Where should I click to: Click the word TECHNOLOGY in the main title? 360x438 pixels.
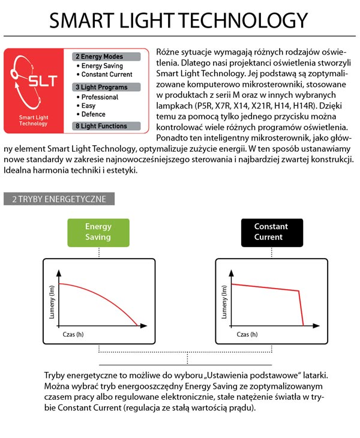(x=243, y=21)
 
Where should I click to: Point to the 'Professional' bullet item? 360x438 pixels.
(x=100, y=97)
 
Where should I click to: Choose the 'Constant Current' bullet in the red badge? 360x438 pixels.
(x=107, y=74)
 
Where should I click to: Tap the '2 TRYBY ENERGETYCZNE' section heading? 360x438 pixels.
(x=59, y=199)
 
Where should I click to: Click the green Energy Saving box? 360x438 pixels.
(x=98, y=232)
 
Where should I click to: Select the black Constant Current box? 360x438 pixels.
(x=271, y=232)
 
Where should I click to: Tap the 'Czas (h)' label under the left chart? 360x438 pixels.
(x=74, y=334)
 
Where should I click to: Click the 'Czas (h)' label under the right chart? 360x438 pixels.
(x=247, y=334)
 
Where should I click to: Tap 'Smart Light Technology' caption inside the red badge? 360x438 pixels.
(x=33, y=121)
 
